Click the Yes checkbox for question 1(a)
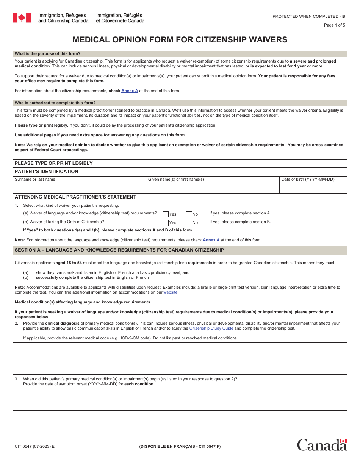(x=166, y=214)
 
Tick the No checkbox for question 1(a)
(x=189, y=214)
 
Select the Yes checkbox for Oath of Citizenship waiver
(x=166, y=223)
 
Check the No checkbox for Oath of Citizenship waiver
(x=189, y=223)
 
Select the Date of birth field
(x=313, y=187)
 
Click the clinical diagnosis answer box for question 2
(x=180, y=358)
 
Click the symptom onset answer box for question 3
(x=180, y=400)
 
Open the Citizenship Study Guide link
(x=211, y=328)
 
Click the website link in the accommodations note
(x=171, y=292)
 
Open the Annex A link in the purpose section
(x=130, y=91)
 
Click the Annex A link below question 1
(x=211, y=240)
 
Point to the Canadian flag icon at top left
(x=22, y=18)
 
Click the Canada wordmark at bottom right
(x=322, y=445)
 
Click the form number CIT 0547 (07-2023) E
(x=34, y=446)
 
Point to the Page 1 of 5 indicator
(x=334, y=25)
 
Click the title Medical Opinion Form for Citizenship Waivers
(x=180, y=40)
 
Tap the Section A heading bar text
(x=119, y=250)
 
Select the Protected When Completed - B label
(x=308, y=16)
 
